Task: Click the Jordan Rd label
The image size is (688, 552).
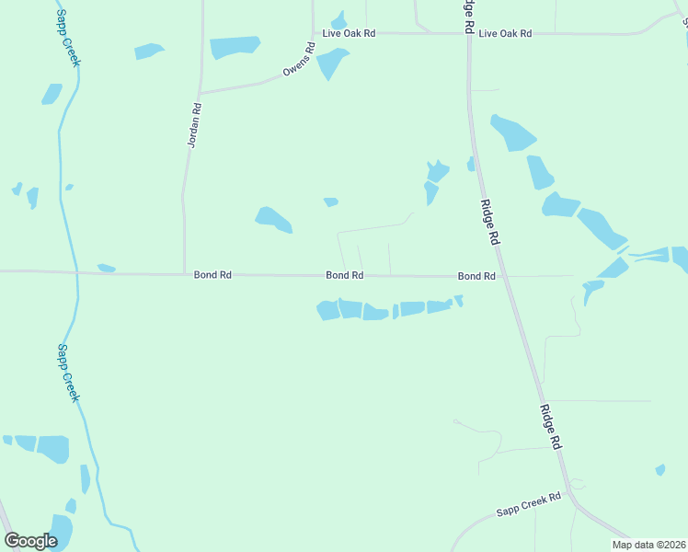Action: pyautogui.click(x=194, y=125)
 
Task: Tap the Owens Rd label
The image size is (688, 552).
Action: pyautogui.click(x=298, y=59)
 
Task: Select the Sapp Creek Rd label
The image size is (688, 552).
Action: pyautogui.click(x=528, y=504)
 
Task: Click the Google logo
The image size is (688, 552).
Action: pyautogui.click(x=30, y=540)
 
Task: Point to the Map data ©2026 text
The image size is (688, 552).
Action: pyautogui.click(x=648, y=545)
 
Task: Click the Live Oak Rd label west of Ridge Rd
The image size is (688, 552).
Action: pyautogui.click(x=349, y=33)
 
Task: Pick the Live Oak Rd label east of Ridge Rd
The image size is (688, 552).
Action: pyautogui.click(x=505, y=33)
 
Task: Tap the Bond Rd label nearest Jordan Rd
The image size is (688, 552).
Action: pyautogui.click(x=212, y=274)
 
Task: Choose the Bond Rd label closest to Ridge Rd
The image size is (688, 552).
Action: pyautogui.click(x=476, y=276)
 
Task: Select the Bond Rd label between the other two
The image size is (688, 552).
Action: pyautogui.click(x=344, y=275)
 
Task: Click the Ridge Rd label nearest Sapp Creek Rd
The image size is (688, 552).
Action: pyautogui.click(x=550, y=426)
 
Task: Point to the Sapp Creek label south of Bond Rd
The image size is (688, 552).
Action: pyautogui.click(x=68, y=373)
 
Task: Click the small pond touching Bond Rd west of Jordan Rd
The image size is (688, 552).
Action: pyautogui.click(x=106, y=268)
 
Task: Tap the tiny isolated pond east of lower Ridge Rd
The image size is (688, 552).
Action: pyautogui.click(x=660, y=470)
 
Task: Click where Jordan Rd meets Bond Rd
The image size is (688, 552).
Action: pyautogui.click(x=185, y=273)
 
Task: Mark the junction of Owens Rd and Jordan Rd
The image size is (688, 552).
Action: pyautogui.click(x=199, y=93)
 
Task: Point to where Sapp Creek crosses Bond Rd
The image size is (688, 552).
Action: pyautogui.click(x=77, y=272)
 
